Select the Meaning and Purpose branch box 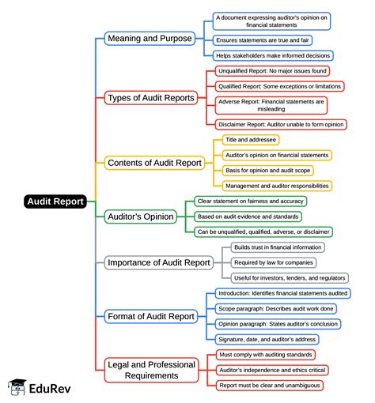(149, 37)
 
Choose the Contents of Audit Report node (154, 162)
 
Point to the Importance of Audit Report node (159, 262)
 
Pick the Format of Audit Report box (150, 316)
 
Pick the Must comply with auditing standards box (266, 355)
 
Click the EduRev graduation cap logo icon (16, 387)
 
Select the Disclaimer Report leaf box (282, 124)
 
